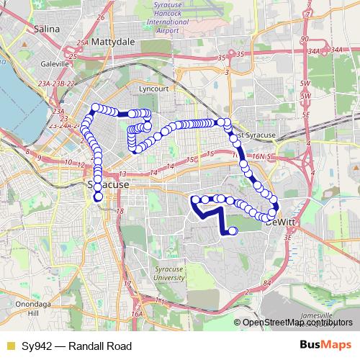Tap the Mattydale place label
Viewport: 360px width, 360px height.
coord(114,42)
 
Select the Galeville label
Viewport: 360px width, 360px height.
coord(55,63)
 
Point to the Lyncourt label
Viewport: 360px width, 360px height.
coord(152,90)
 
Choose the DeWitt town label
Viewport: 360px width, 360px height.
coord(281,222)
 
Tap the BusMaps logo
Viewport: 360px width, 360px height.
coord(325,344)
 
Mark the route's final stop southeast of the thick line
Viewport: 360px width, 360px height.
coord(232,231)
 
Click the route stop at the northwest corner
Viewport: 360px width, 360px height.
coord(93,108)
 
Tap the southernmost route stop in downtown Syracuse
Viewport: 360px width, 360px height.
coord(98,199)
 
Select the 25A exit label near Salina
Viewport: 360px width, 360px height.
coord(82,43)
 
